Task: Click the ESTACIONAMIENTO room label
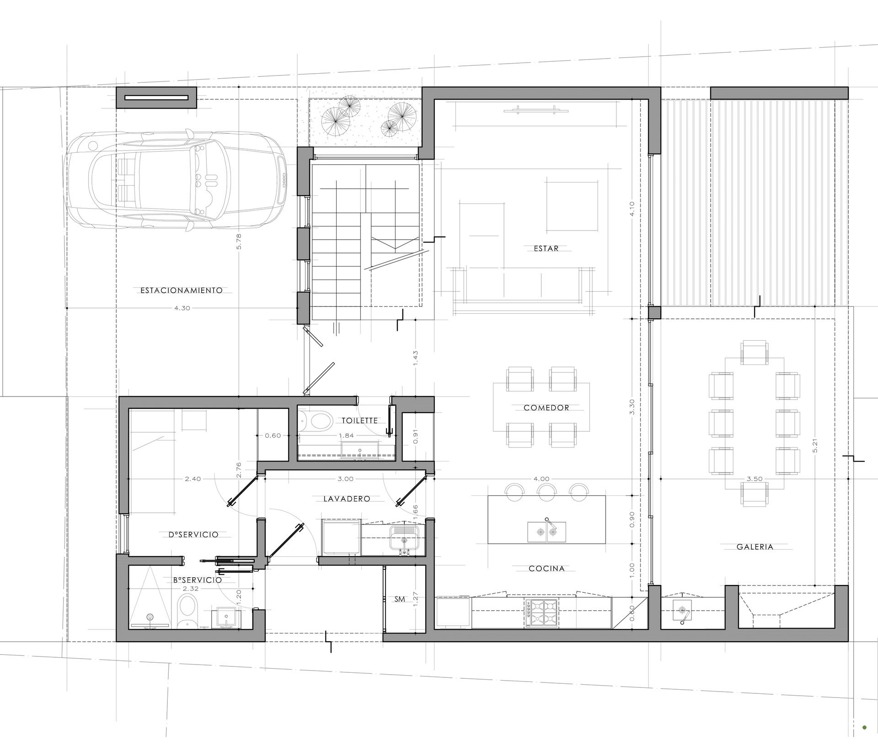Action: click(x=182, y=290)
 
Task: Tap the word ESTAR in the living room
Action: click(x=546, y=248)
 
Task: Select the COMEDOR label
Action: click(x=546, y=408)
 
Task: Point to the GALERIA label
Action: click(x=755, y=547)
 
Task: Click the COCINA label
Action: click(x=546, y=569)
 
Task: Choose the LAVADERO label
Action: click(x=347, y=499)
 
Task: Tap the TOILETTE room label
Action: click(x=360, y=420)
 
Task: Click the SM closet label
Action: click(x=400, y=599)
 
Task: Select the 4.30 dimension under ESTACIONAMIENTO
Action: click(x=182, y=308)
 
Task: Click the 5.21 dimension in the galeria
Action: click(x=815, y=445)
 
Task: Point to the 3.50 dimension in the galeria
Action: click(x=754, y=479)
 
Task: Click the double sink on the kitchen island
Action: click(x=546, y=532)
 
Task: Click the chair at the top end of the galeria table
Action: click(x=755, y=353)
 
